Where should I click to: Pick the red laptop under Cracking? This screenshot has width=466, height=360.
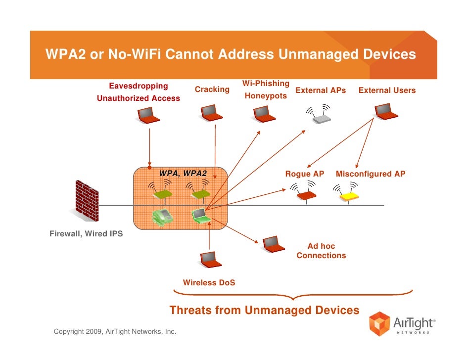pyautogui.click(x=212, y=113)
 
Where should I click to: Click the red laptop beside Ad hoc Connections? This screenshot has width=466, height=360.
pyautogui.click(x=273, y=243)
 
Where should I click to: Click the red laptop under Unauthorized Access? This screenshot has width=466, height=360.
pyautogui.click(x=148, y=115)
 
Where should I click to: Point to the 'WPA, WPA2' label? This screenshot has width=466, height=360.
pyautogui.click(x=183, y=174)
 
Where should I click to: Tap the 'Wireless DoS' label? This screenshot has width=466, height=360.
pyautogui.click(x=209, y=283)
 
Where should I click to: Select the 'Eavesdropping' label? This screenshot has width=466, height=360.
pyautogui.click(x=139, y=86)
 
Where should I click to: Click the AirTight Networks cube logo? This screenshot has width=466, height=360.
pyautogui.click(x=380, y=324)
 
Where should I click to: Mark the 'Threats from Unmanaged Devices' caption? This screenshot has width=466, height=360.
pyautogui.click(x=264, y=311)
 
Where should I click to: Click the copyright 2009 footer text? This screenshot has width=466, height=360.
pyautogui.click(x=115, y=331)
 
